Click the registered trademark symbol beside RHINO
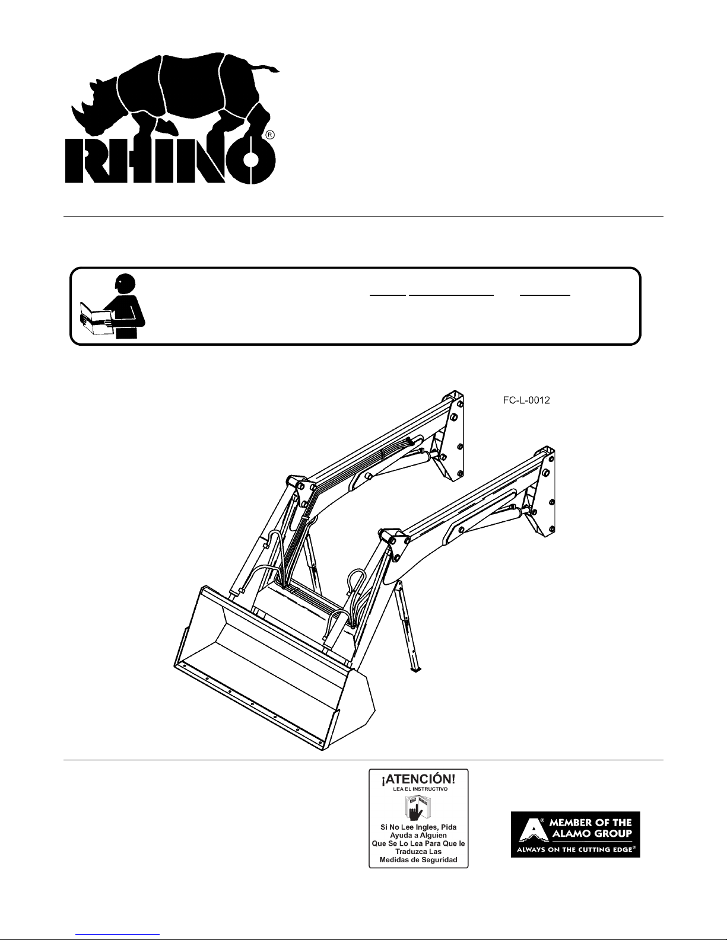(x=269, y=135)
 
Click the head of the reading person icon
(x=126, y=283)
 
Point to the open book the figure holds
(x=97, y=318)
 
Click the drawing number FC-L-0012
(x=526, y=400)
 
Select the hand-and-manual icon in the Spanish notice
(x=417, y=808)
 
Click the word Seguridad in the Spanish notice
(x=436, y=859)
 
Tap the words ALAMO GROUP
(x=592, y=833)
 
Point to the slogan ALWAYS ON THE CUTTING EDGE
(x=575, y=849)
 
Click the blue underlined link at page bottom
(x=118, y=935)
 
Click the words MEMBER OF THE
(x=591, y=823)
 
